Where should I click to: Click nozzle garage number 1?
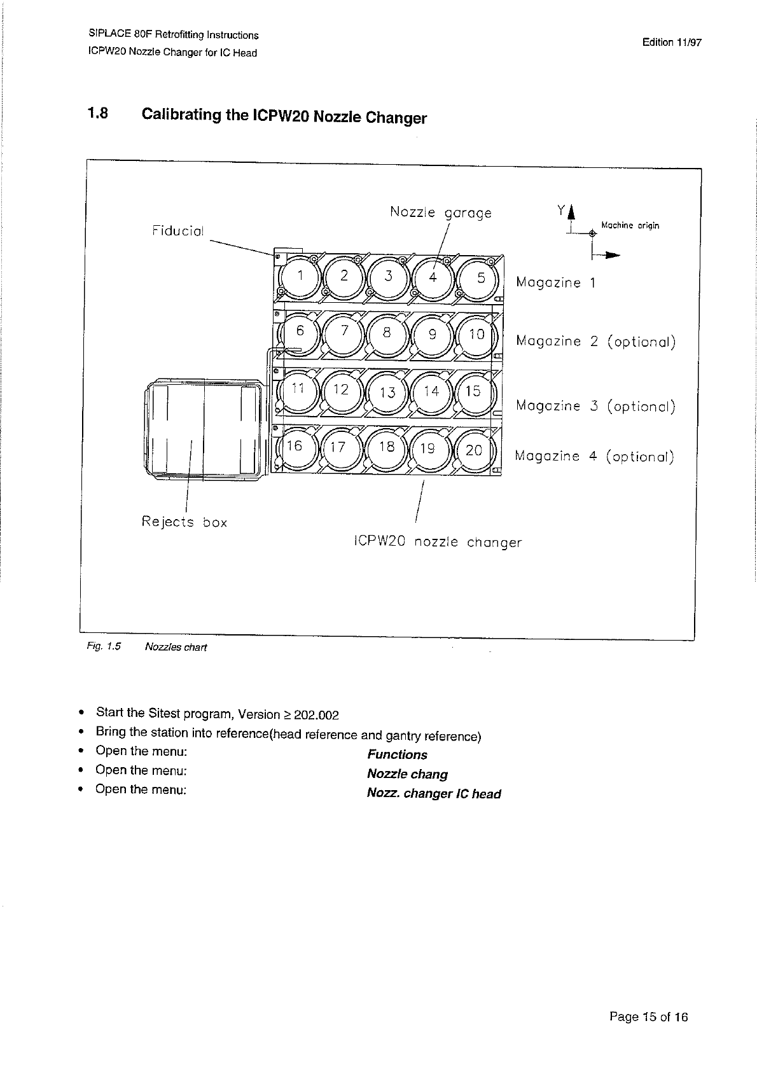point(300,277)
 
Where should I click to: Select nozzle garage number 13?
point(388,392)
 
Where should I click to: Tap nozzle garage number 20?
point(475,450)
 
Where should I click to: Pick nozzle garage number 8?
point(387,333)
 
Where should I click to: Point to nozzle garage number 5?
point(480,278)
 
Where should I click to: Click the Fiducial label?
point(178,231)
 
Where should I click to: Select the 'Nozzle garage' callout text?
point(440,212)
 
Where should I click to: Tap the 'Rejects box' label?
point(184,522)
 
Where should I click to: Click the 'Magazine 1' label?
point(557,282)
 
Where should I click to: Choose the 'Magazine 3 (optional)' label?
point(595,406)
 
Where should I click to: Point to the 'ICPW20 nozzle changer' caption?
point(437,543)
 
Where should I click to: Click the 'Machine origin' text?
point(630,225)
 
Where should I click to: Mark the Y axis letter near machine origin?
point(560,210)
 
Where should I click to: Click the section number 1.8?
point(99,114)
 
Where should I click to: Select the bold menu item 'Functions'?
point(397,754)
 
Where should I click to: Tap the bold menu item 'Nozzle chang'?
point(407,774)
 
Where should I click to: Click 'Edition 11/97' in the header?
point(671,43)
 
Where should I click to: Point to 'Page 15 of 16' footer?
point(648,1017)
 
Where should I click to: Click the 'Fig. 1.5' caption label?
point(103,647)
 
